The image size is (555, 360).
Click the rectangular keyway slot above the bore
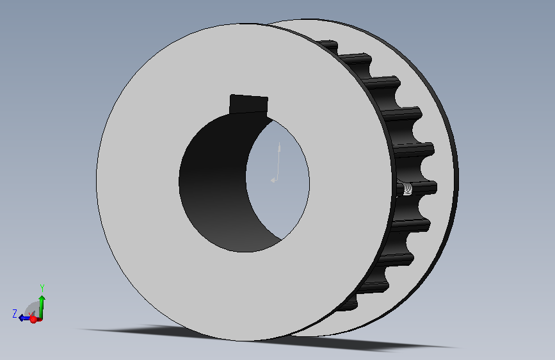click(248, 104)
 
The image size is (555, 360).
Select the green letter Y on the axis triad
click(42, 288)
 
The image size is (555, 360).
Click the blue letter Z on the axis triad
click(15, 314)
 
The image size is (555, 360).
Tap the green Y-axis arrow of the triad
click(42, 307)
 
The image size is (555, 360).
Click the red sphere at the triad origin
click(34, 319)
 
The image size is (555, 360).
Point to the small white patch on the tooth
click(407, 188)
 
